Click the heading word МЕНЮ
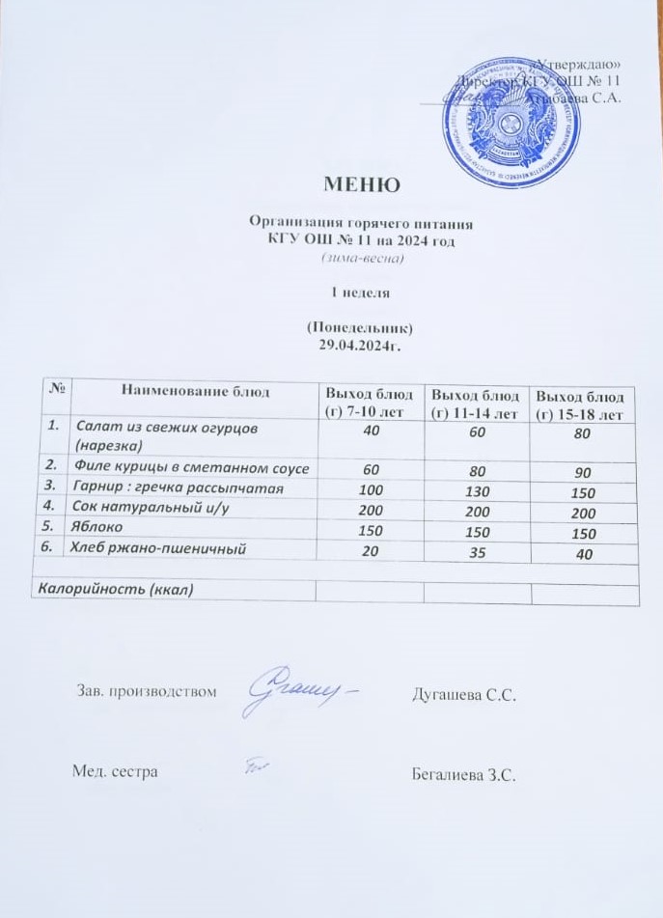pyautogui.click(x=359, y=184)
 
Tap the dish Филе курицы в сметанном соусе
pyautogui.click(x=190, y=469)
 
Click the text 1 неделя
pyautogui.click(x=359, y=290)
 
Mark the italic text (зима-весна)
pyautogui.click(x=359, y=259)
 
